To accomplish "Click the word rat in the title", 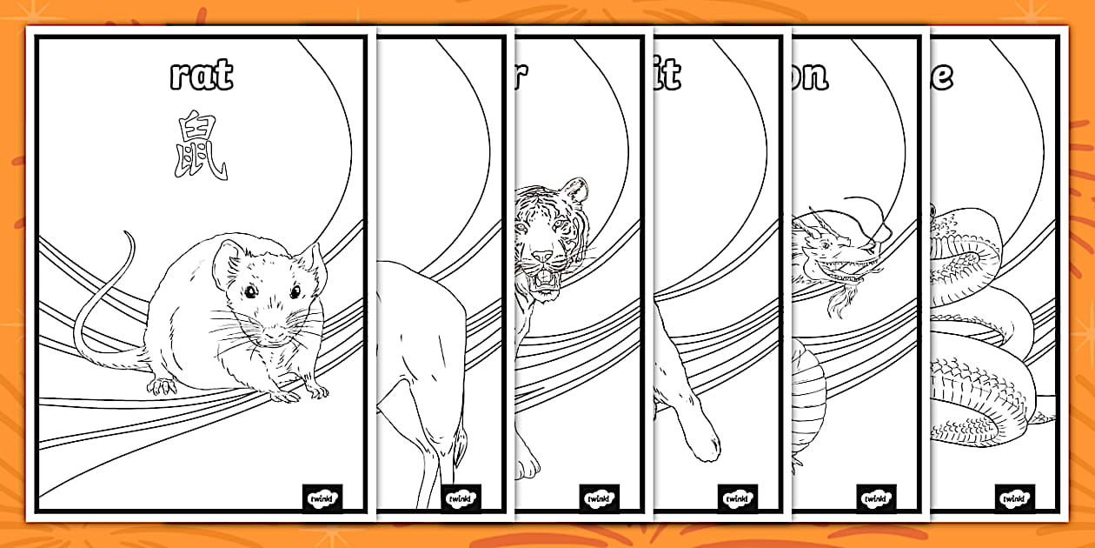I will click(x=201, y=76).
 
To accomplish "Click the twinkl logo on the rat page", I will click(x=322, y=498).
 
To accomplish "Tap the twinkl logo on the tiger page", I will click(x=599, y=498).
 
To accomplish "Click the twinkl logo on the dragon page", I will click(x=876, y=498).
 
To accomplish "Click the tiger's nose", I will click(x=541, y=257).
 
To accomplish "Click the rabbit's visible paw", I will click(x=700, y=447).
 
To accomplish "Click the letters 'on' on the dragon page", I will click(x=810, y=76).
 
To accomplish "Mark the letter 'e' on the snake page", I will click(x=941, y=76).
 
